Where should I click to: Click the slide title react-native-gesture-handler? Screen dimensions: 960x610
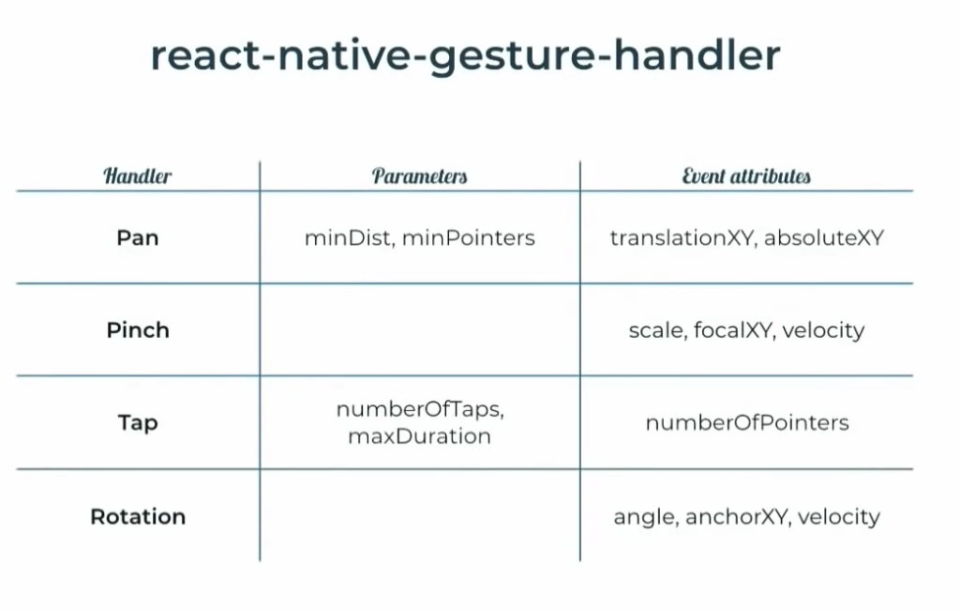pyautogui.click(x=465, y=56)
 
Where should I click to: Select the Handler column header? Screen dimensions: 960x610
pyautogui.click(x=138, y=175)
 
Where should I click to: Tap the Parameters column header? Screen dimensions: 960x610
pyautogui.click(x=419, y=175)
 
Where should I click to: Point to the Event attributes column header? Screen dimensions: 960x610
pyautogui.click(x=746, y=175)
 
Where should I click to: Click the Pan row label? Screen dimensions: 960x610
pyautogui.click(x=138, y=238)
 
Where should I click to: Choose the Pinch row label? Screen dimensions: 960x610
pyautogui.click(x=138, y=330)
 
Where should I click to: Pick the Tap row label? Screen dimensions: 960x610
pyautogui.click(x=138, y=423)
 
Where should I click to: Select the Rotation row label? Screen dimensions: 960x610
pyautogui.click(x=138, y=517)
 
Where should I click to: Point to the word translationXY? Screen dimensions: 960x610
pyautogui.click(x=682, y=238)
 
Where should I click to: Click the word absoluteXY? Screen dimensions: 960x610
pyautogui.click(x=824, y=238)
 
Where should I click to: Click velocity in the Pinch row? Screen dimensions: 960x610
pyautogui.click(x=823, y=330)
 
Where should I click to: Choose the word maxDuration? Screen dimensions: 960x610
pyautogui.click(x=419, y=436)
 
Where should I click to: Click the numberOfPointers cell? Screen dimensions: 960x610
pyautogui.click(x=747, y=423)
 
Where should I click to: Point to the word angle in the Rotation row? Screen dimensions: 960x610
pyautogui.click(x=645, y=517)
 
